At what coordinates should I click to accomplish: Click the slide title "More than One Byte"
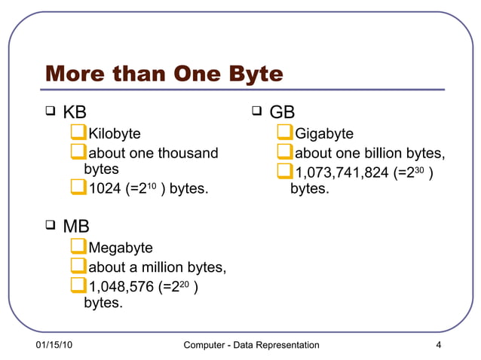(x=164, y=75)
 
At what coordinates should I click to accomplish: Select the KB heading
(x=75, y=112)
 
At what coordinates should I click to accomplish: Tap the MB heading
(x=76, y=225)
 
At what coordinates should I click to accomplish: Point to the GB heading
(x=282, y=112)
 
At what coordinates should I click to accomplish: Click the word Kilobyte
(x=115, y=134)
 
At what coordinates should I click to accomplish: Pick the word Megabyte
(x=121, y=248)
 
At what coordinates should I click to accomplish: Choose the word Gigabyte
(x=324, y=134)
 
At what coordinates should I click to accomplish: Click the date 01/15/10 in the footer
(x=54, y=345)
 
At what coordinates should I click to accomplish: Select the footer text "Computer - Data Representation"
(x=252, y=345)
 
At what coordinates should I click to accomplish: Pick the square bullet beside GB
(x=256, y=112)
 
